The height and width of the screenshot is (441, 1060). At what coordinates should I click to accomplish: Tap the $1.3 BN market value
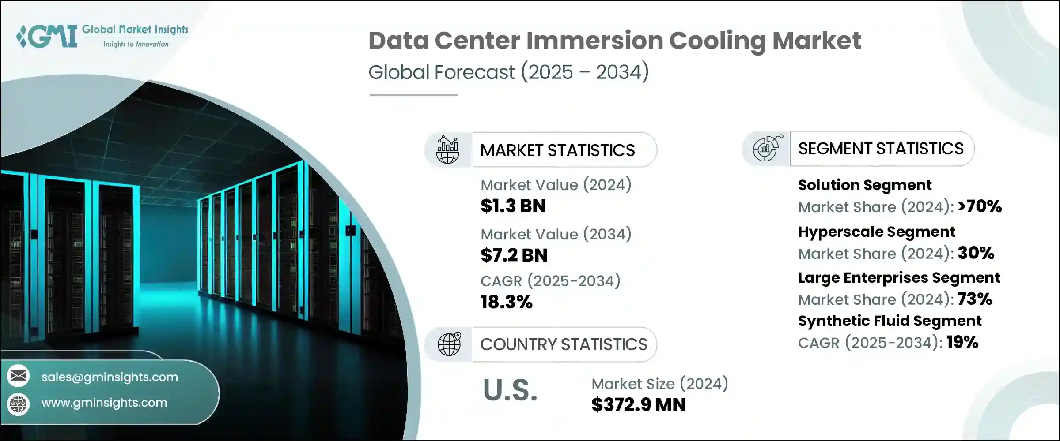(x=513, y=206)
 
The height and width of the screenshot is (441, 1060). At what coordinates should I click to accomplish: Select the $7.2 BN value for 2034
(x=514, y=255)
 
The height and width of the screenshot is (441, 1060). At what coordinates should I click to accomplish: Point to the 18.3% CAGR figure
(x=507, y=302)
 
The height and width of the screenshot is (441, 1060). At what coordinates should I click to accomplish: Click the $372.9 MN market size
(x=639, y=405)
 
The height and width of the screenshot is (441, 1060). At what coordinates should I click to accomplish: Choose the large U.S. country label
(x=511, y=390)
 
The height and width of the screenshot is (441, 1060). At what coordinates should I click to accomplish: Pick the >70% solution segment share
(x=980, y=206)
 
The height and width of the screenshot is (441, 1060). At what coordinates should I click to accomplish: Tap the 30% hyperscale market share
(x=976, y=253)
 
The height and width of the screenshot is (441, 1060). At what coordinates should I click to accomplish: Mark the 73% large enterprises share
(x=975, y=299)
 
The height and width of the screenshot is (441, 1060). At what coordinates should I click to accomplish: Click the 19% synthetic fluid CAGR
(x=963, y=342)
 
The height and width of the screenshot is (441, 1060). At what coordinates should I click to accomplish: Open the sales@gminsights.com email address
(x=110, y=377)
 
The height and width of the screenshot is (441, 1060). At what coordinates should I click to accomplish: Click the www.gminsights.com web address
(x=104, y=403)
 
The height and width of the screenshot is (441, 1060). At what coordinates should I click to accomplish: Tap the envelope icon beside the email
(x=19, y=376)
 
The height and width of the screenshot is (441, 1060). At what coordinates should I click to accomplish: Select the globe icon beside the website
(x=19, y=404)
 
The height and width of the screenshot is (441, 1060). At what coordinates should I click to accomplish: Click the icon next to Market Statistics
(x=448, y=150)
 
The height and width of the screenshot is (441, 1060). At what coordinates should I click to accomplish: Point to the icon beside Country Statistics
(x=449, y=344)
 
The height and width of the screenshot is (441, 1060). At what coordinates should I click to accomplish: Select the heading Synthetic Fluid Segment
(x=890, y=321)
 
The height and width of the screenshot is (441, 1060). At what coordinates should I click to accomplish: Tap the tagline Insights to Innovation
(x=136, y=44)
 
